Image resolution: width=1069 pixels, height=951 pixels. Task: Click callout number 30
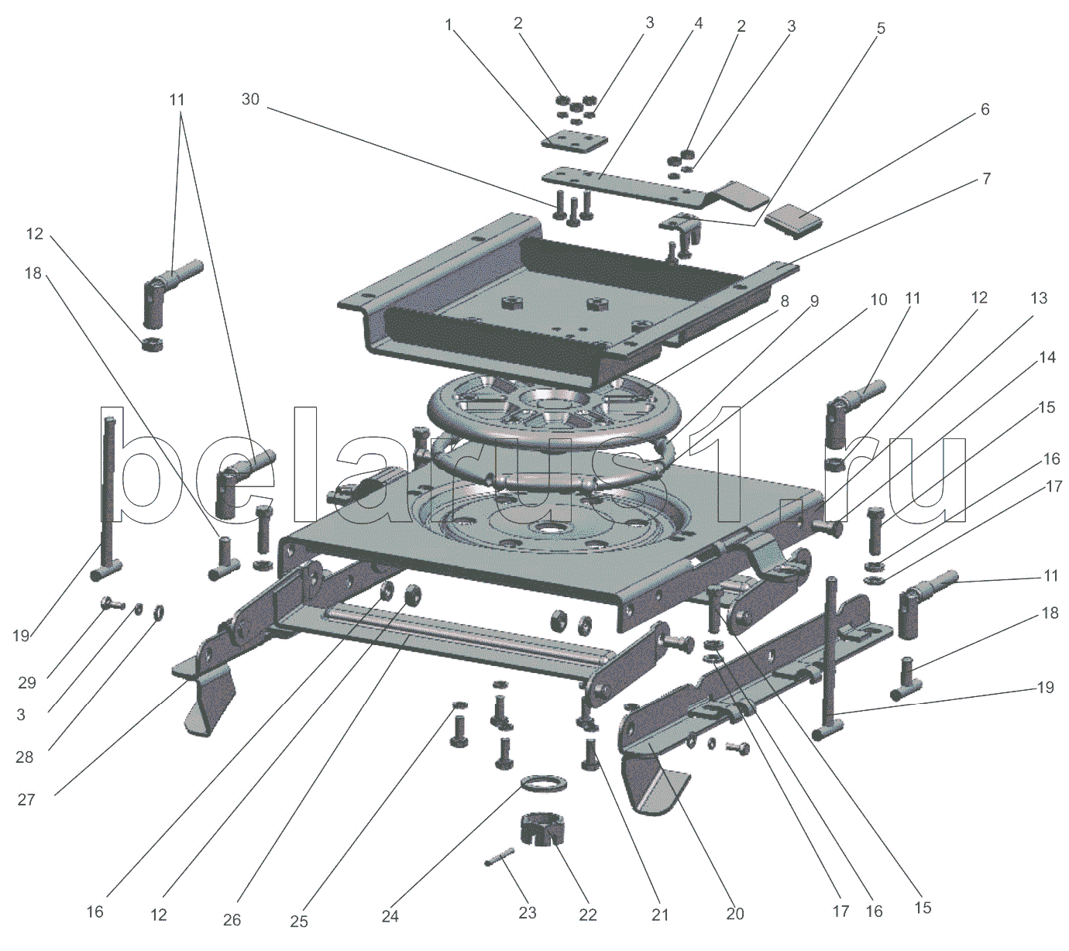pos(250,99)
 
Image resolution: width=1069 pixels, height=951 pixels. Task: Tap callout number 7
pos(986,178)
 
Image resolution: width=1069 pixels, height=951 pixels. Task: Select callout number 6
pos(985,109)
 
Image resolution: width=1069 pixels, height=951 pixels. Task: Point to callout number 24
pos(390,916)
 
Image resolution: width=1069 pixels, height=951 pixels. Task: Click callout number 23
pos(528,913)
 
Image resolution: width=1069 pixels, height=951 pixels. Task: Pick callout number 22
pos(588,915)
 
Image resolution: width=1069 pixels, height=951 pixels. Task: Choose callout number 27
pos(26,799)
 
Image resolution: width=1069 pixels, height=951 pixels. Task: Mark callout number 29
pos(27,682)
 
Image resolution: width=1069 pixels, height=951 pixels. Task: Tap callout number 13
pos(1038,298)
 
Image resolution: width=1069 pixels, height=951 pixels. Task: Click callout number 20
pos(734,914)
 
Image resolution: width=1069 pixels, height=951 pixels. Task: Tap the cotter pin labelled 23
pos(500,857)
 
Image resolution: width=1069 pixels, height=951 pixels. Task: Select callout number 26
pos(232,919)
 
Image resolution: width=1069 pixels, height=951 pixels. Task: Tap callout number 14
pos(1047,357)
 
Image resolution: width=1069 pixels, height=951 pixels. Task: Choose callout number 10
pos(878,300)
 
